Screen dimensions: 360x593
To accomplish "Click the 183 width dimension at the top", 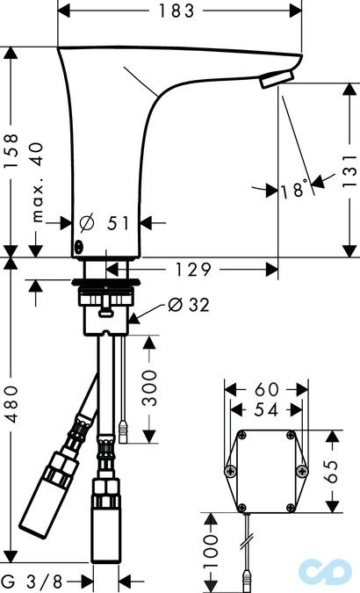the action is pyautogui.click(x=176, y=11).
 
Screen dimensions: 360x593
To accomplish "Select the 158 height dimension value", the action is pyautogui.click(x=11, y=150).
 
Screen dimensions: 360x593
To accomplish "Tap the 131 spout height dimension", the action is pyautogui.click(x=349, y=170).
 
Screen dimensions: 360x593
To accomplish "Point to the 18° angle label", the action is pyautogui.click(x=294, y=189).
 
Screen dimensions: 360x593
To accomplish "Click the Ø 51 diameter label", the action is pyautogui.click(x=104, y=223).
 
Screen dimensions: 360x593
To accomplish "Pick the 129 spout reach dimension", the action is pyautogui.click(x=192, y=270).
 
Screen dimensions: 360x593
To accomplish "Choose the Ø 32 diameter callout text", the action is pyautogui.click(x=188, y=305).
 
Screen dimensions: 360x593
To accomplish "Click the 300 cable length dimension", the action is pyautogui.click(x=149, y=388).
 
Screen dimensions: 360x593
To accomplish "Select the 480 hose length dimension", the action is pyautogui.click(x=11, y=404).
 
